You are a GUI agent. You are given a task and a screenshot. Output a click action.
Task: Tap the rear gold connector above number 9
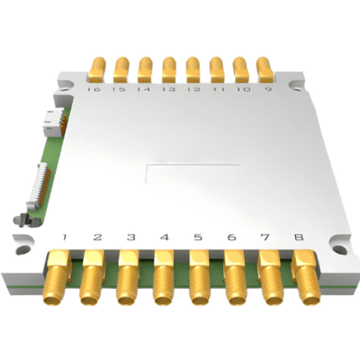click(x=265, y=67)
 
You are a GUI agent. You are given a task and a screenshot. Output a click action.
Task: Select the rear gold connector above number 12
click(x=193, y=67)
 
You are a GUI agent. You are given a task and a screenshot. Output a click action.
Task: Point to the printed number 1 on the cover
click(x=64, y=238)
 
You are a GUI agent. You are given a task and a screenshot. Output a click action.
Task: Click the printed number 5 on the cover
click(x=198, y=238)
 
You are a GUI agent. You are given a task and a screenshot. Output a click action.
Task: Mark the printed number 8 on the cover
click(x=298, y=238)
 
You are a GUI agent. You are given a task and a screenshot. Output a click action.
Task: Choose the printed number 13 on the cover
click(x=168, y=89)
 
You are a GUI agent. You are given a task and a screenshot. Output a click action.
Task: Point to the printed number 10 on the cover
click(x=241, y=89)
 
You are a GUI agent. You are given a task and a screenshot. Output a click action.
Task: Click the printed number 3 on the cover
click(x=131, y=238)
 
